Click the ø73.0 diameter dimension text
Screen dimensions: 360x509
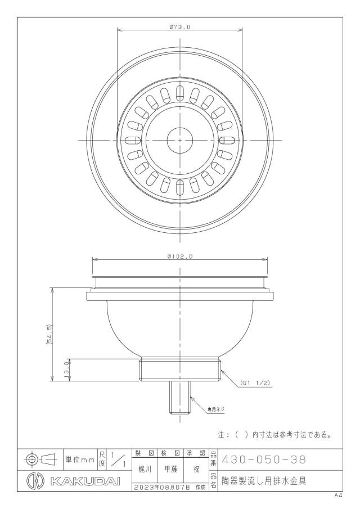coord(179,27)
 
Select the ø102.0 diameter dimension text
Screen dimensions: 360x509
coord(180,256)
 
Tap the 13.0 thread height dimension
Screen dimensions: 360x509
coord(67,370)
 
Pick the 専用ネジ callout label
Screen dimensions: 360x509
coord(216,409)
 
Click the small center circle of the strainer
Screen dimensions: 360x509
coord(180,140)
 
